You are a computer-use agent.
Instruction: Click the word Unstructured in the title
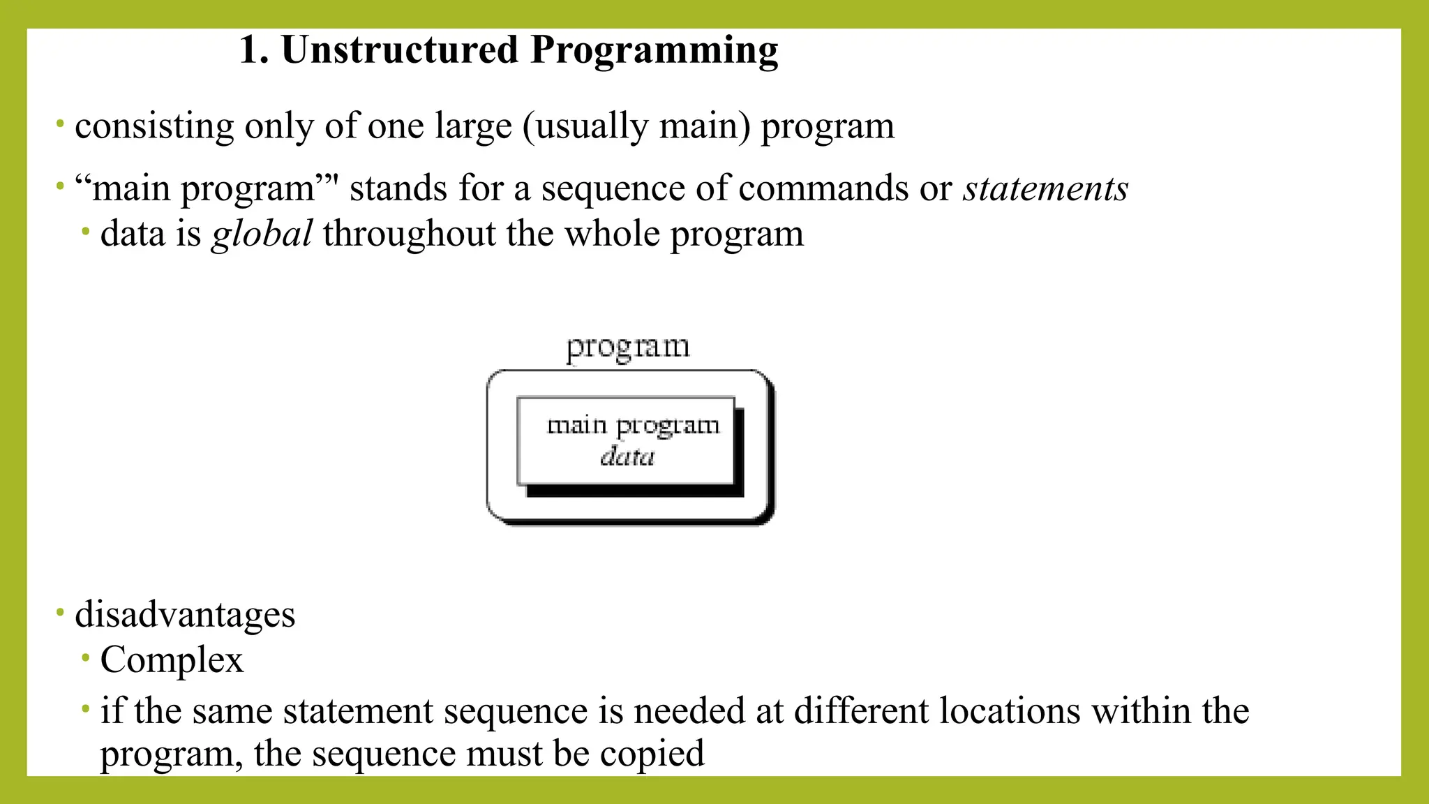[399, 50]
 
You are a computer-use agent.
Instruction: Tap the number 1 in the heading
[250, 50]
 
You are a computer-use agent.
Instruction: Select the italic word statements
[1045, 188]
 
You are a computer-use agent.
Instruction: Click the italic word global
[262, 234]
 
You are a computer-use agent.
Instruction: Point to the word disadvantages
[185, 615]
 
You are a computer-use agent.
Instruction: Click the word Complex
[172, 660]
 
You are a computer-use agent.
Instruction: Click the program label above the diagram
[627, 347]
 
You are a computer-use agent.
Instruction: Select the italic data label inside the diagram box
[627, 456]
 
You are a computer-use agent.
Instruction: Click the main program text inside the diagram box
[632, 425]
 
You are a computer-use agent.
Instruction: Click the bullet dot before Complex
[85, 657]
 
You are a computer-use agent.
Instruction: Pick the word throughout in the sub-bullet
[409, 234]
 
